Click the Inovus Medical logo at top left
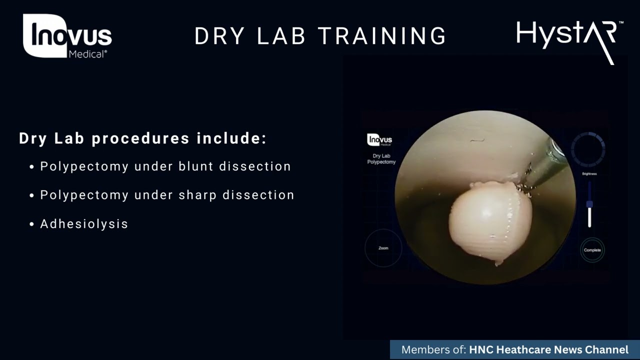click(x=67, y=36)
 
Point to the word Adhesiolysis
click(x=84, y=223)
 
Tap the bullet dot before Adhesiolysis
click(x=32, y=224)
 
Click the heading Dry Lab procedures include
click(x=142, y=138)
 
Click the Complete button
click(x=592, y=250)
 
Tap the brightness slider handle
click(x=589, y=204)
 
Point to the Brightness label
click(x=589, y=174)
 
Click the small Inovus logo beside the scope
click(x=379, y=140)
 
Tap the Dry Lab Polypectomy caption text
click(x=381, y=159)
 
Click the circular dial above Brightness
click(x=588, y=149)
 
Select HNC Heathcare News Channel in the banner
click(x=548, y=350)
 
